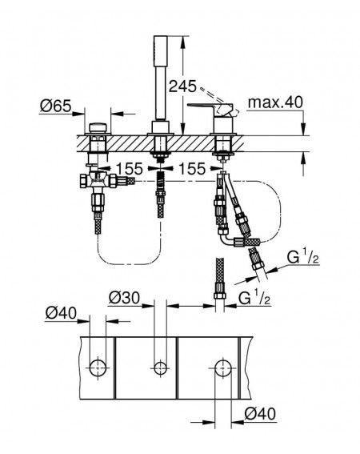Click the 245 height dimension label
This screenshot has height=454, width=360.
point(182,86)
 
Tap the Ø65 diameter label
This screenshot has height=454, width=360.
point(55,106)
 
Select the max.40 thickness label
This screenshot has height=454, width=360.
point(275,102)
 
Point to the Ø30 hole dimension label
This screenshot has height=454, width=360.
point(124,298)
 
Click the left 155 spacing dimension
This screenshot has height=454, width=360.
point(130,168)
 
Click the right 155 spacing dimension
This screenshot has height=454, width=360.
point(192,168)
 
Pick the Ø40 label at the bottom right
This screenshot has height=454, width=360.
point(260,413)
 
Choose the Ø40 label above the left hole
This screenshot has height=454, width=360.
point(61,313)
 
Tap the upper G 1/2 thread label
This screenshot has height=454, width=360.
point(302,257)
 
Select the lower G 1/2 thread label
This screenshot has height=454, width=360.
point(254,298)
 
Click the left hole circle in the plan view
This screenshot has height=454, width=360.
point(98,368)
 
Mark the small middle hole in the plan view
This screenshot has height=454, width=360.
point(160,368)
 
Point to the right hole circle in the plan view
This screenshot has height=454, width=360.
point(223,368)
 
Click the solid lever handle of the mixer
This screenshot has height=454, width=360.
point(206,106)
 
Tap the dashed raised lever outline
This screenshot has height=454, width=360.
point(218,99)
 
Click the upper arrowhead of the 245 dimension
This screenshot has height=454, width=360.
point(182,42)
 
